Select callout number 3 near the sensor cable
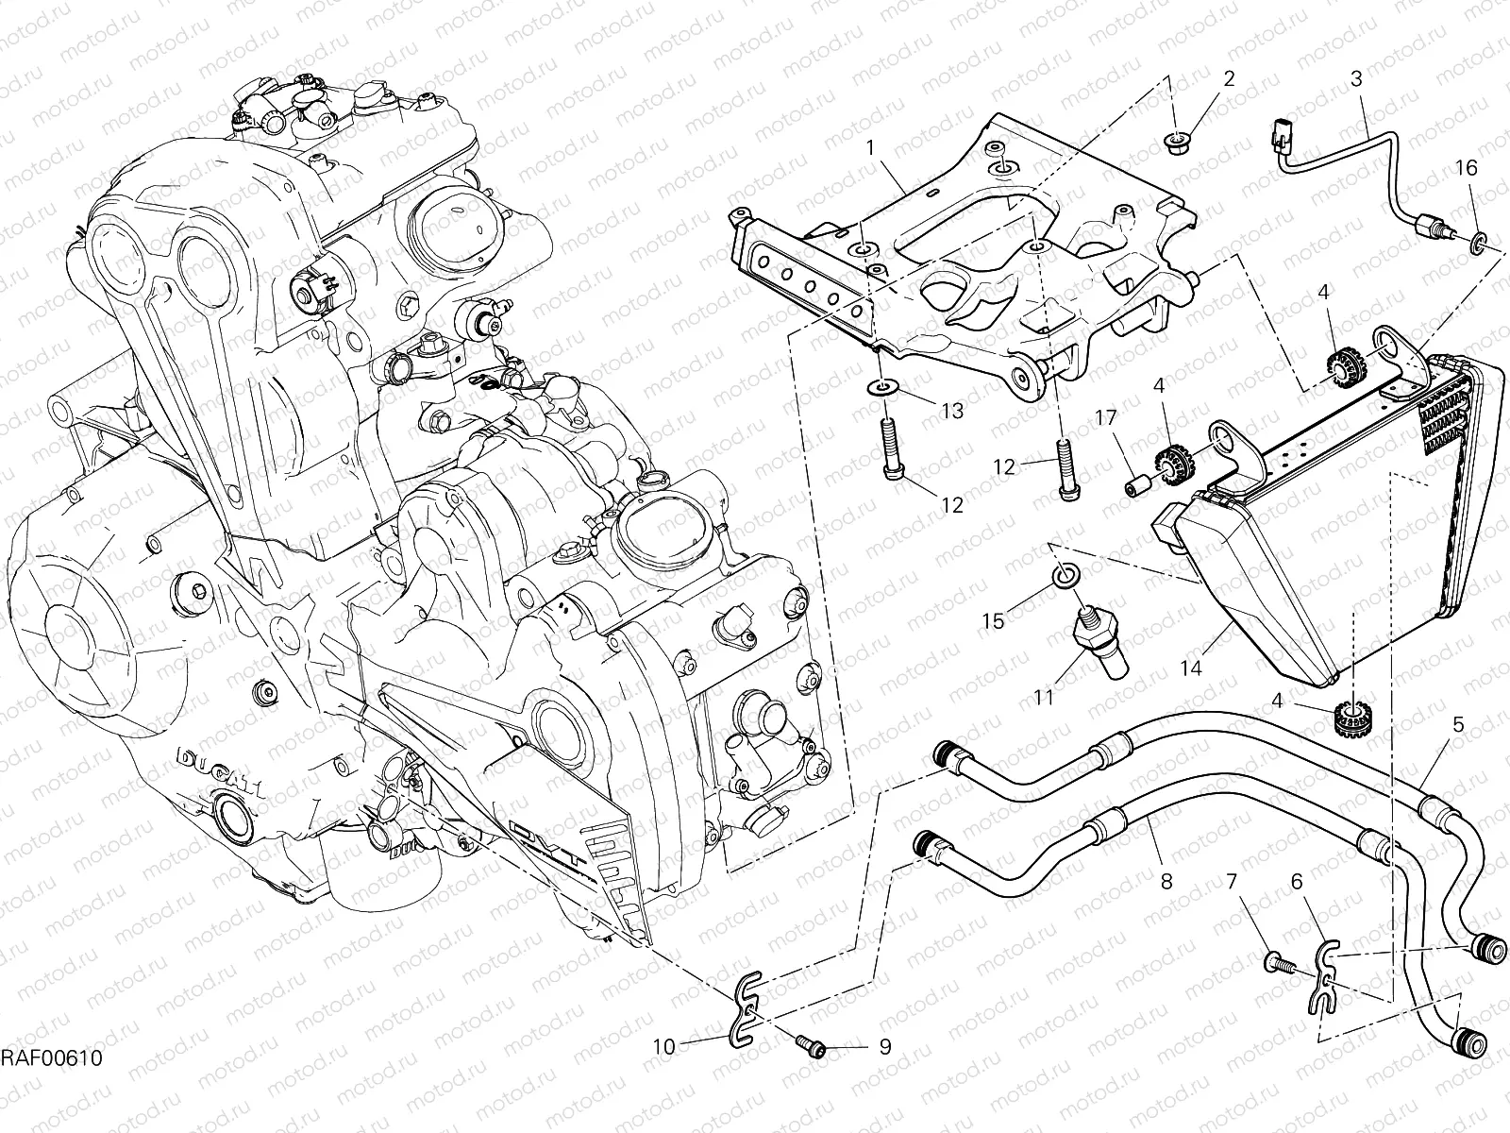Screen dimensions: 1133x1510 1356,80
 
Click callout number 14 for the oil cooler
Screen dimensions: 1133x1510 1191,668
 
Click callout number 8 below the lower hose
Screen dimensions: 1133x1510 1166,882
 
